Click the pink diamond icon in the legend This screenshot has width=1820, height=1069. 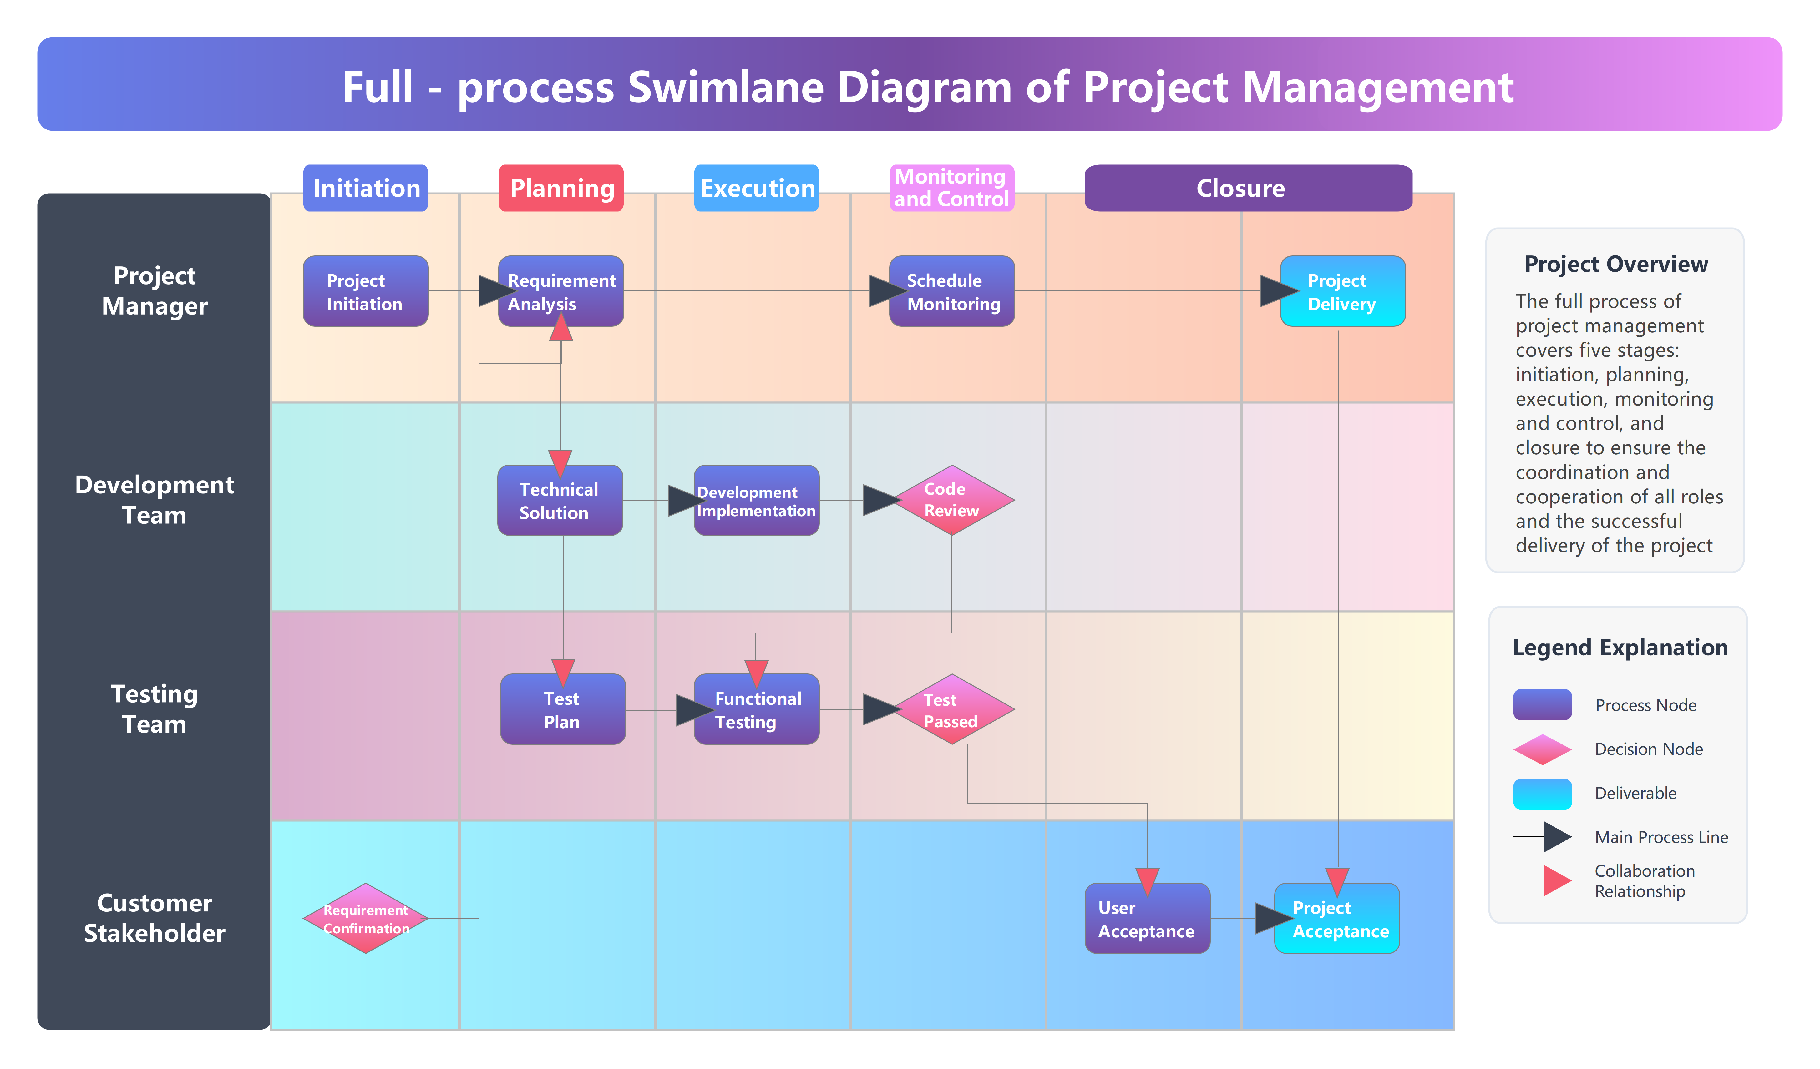[x=1542, y=749]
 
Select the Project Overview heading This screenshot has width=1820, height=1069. [x=1616, y=264]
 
